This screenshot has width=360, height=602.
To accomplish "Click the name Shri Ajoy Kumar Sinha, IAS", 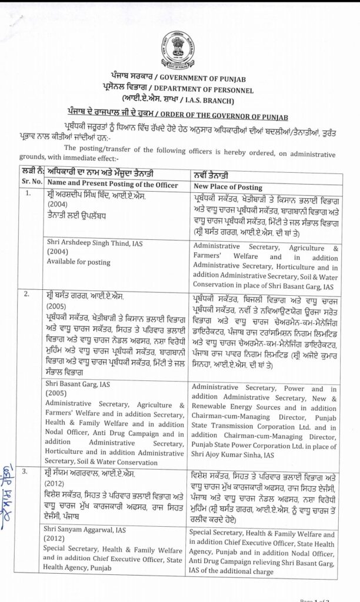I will [234, 454].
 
